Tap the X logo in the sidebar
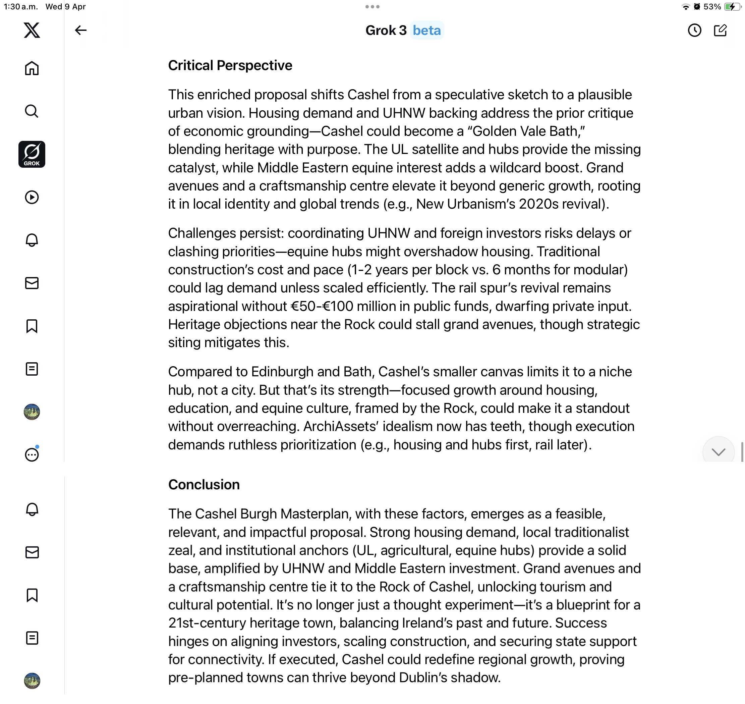tap(32, 30)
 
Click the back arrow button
tap(81, 30)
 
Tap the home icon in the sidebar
tap(32, 68)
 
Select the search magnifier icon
tap(32, 111)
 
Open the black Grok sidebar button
tap(32, 154)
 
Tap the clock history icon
tap(694, 31)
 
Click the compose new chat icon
tap(720, 31)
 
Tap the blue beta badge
tap(426, 31)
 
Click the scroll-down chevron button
tap(718, 452)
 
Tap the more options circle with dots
tap(32, 454)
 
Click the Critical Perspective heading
tap(230, 66)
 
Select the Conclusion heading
tap(204, 484)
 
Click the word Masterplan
tap(314, 514)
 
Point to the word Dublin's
tap(423, 678)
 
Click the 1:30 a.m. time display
tap(21, 7)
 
